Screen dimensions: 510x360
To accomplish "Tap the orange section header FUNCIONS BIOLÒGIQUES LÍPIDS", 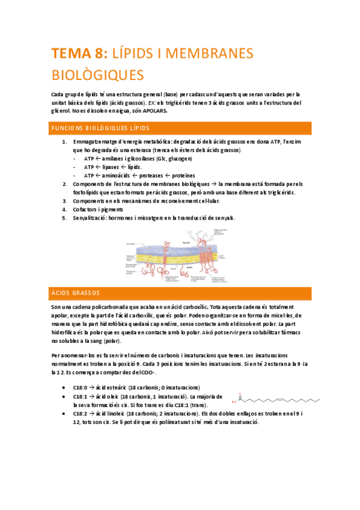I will tap(101, 128).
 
